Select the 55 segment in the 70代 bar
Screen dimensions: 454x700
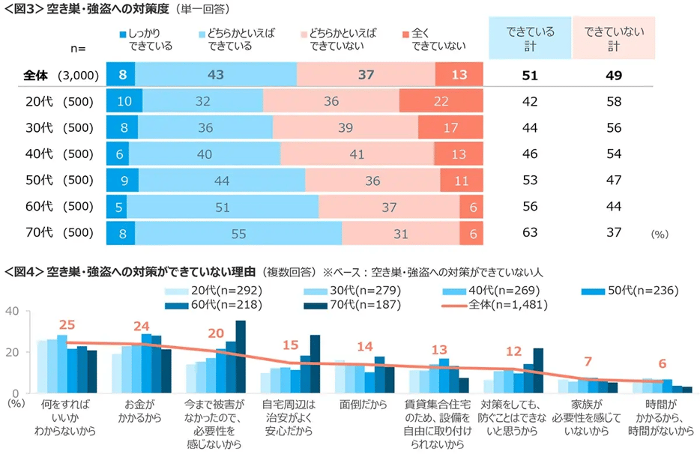(x=238, y=233)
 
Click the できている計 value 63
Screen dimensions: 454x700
(x=530, y=233)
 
